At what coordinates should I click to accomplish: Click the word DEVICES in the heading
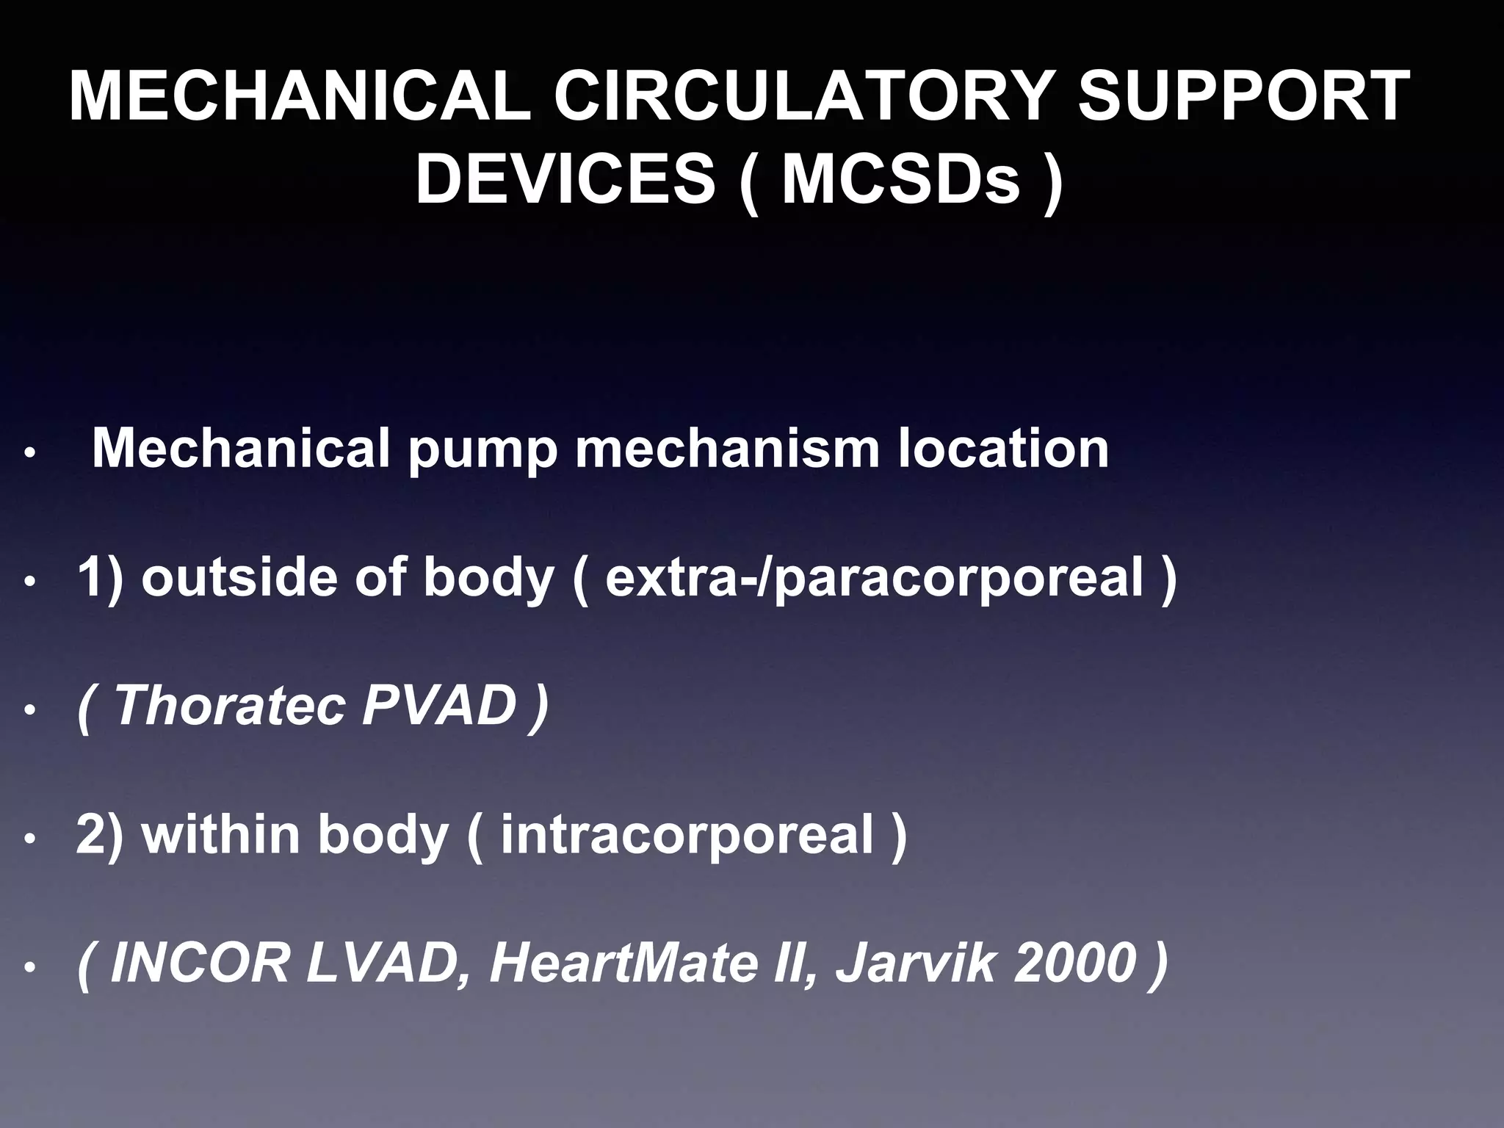pos(565,180)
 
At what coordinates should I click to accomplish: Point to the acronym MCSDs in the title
pos(901,180)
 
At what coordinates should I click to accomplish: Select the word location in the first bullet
pos(1002,449)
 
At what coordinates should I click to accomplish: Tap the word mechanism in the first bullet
pos(727,449)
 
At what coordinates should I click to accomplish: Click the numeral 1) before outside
pos(101,577)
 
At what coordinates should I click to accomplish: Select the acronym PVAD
pos(440,706)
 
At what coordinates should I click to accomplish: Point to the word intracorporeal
pos(687,836)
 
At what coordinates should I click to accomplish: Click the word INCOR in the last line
pos(200,963)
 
